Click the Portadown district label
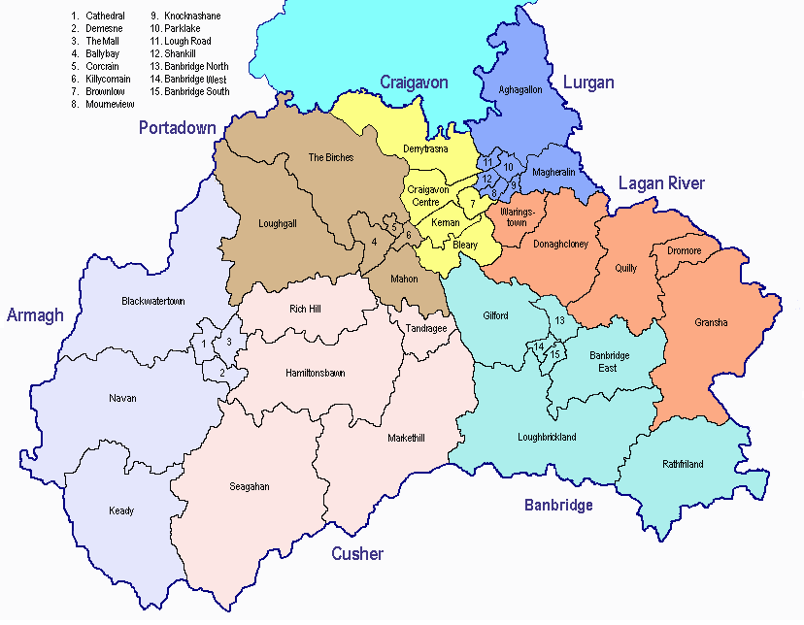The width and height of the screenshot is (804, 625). pos(177,128)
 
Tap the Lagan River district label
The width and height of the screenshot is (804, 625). pos(661,183)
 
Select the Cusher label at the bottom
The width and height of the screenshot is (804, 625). pos(357,554)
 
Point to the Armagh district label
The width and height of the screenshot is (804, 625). pos(35,314)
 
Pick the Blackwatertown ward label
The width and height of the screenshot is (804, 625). pos(152,301)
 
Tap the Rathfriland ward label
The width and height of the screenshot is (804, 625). pos(683,464)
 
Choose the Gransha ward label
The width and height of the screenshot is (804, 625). pos(711,322)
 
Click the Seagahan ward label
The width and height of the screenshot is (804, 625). pos(250,485)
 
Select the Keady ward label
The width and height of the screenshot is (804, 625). pos(121,510)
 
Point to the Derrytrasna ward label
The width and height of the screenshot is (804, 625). pos(425,149)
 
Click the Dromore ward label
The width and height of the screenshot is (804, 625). pos(684,250)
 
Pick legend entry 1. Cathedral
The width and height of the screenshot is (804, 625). pos(98,16)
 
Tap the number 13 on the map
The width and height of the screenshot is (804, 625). pos(558,320)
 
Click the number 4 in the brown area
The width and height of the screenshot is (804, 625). pos(374,242)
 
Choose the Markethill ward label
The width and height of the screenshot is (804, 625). pos(406,438)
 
